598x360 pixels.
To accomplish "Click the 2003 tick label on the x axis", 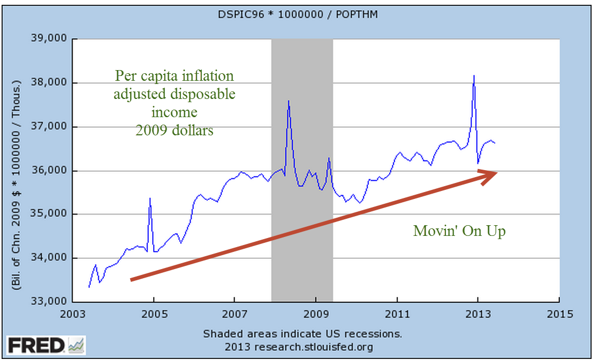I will [73, 314].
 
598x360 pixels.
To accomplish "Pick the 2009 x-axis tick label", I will [316, 314].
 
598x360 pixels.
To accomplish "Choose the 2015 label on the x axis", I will [559, 314].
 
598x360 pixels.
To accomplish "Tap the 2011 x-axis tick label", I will [397, 314].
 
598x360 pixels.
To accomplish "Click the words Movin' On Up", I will [459, 231].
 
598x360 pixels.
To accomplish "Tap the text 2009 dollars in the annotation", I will [174, 130].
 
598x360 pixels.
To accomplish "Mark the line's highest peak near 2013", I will [474, 76].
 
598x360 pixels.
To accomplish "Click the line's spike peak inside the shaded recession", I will [289, 101].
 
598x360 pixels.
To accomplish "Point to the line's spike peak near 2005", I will [150, 198].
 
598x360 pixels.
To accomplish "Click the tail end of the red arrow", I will [132, 279].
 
